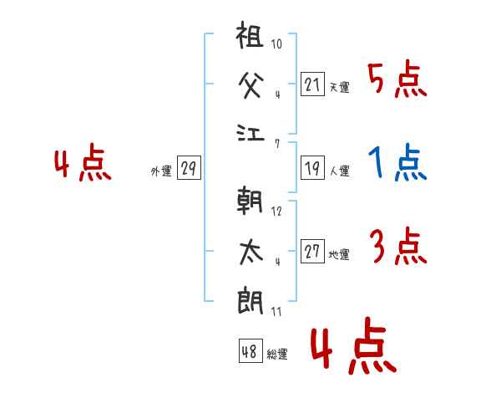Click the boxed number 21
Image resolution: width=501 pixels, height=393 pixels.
312,84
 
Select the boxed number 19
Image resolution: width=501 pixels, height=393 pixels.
312,168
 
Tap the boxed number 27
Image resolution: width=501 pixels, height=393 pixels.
312,252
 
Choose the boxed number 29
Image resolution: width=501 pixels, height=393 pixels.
188,169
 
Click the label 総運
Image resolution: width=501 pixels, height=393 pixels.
277,354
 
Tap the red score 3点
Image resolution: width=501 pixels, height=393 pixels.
397,247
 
